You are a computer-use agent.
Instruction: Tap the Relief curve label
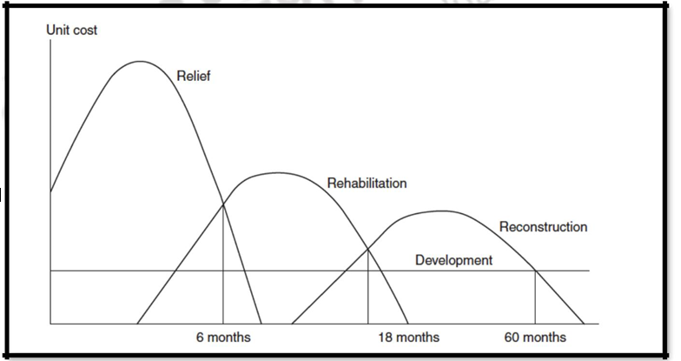pos(193,77)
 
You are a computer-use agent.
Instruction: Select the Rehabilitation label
pos(367,184)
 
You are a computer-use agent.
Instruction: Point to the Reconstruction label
pos(543,227)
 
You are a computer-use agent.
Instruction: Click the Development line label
pos(453,260)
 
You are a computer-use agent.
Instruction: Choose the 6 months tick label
pos(223,338)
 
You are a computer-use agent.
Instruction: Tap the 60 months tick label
pos(534,338)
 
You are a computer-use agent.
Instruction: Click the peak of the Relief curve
pos(140,62)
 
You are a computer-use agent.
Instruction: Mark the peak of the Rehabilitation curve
pos(276,173)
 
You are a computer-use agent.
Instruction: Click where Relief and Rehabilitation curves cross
pos(224,204)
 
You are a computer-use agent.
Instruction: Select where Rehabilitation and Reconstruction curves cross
pos(368,250)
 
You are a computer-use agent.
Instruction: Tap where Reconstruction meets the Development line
pos(534,271)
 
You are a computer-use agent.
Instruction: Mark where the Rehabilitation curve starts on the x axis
pos(137,324)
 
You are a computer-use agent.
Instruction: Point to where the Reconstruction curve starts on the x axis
pos(292,324)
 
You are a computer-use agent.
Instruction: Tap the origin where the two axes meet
pos(51,324)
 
